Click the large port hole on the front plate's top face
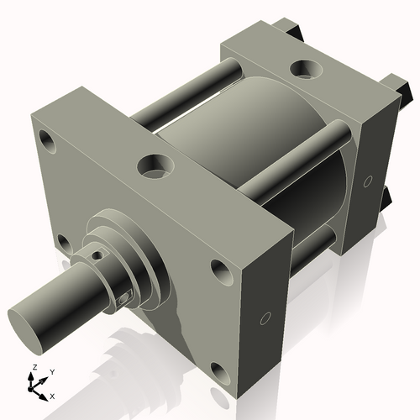pyautogui.click(x=155, y=165)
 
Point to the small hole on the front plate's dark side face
pyautogui.click(x=265, y=318)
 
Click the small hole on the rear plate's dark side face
pyautogui.click(x=367, y=181)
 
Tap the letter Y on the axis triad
pyautogui.click(x=51, y=371)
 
